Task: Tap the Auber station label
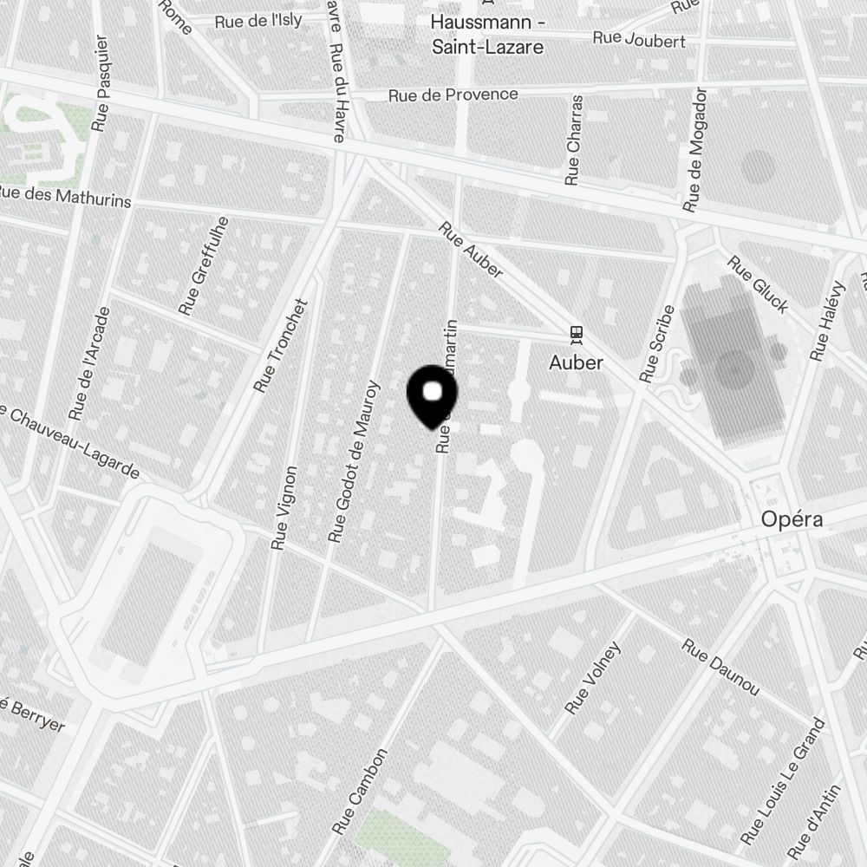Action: tap(576, 362)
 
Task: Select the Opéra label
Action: tap(792, 518)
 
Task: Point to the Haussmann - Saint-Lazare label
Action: tap(488, 35)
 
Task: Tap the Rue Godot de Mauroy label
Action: tap(355, 461)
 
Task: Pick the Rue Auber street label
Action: tap(471, 251)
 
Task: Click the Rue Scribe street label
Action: tap(656, 343)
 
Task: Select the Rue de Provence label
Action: tap(453, 95)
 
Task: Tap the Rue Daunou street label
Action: tap(720, 667)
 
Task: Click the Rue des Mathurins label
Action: tap(65, 197)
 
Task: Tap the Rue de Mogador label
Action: tap(695, 150)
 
